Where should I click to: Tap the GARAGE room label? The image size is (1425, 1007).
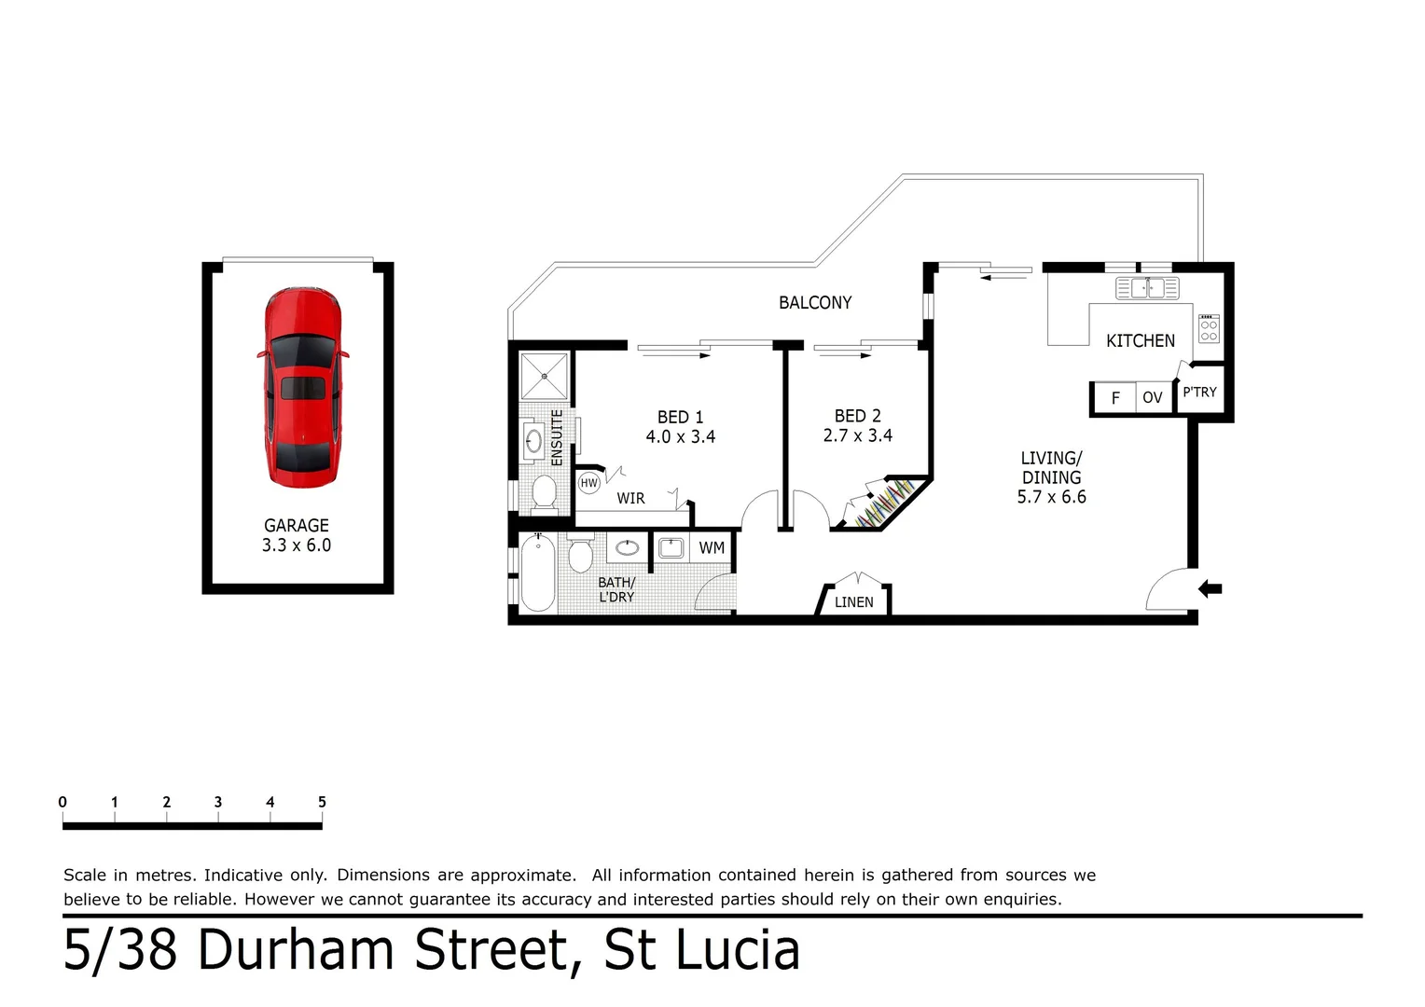tap(297, 526)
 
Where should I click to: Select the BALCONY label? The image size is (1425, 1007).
tap(815, 303)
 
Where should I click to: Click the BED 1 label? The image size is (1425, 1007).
tap(680, 418)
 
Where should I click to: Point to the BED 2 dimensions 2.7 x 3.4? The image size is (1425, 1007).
tap(857, 435)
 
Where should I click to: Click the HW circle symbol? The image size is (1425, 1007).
tap(589, 483)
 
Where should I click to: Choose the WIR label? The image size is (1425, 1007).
tap(630, 499)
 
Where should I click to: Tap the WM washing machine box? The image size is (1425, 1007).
tap(712, 548)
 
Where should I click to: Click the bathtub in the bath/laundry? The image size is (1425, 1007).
tap(538, 572)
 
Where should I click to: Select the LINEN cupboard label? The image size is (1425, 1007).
tap(854, 602)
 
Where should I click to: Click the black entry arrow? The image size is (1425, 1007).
tap(1210, 588)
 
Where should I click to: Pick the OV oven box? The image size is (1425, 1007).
tap(1153, 398)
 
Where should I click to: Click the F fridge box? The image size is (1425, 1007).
tap(1114, 398)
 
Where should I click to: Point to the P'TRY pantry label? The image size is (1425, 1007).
tap(1199, 393)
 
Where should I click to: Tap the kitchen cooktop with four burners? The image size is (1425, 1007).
tap(1209, 328)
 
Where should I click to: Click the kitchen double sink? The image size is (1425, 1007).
tap(1147, 288)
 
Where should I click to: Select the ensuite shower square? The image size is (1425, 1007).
tap(544, 377)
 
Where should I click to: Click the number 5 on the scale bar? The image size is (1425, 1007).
tap(322, 802)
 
